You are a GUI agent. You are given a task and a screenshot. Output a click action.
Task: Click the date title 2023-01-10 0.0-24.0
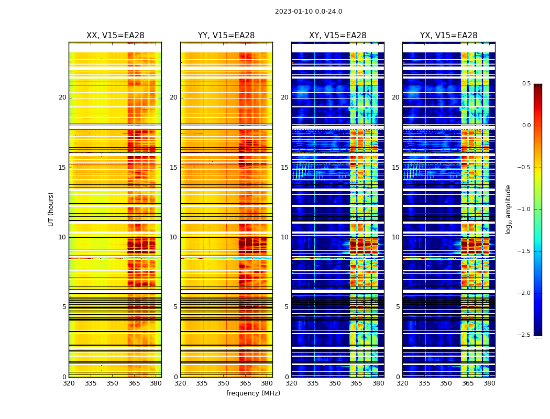pos(309,12)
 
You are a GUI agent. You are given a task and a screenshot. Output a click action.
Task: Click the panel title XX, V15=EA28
pos(115,36)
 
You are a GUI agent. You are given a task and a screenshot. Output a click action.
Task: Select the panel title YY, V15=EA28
pos(226,36)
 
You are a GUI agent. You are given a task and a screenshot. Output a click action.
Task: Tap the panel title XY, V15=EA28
pos(337,36)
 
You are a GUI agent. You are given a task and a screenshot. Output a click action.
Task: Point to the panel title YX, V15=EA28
pos(448,36)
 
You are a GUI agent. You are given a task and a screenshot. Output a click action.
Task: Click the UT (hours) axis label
pos(51,209)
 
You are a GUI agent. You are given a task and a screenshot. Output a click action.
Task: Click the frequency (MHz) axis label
pos(253,393)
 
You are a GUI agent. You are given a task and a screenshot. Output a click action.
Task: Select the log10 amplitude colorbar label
pos(508,209)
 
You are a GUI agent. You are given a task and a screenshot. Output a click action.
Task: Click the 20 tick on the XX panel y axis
pos(62,97)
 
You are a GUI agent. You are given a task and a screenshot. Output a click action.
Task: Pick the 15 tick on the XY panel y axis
pos(284,168)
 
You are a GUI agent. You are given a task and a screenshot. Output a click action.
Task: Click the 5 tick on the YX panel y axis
pos(398,307)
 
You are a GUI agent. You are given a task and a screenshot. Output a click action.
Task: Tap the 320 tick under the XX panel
pos(69,383)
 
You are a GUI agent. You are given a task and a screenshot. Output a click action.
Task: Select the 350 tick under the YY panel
pos(224,383)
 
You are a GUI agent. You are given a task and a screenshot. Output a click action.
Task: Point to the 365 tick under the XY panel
pos(356,383)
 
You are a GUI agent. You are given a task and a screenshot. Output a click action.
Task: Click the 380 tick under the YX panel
pos(489,383)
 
